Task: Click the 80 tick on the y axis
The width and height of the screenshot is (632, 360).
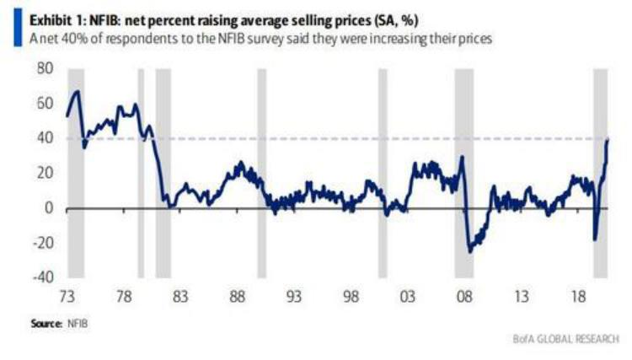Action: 45,69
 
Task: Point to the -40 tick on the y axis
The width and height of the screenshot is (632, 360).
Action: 41,277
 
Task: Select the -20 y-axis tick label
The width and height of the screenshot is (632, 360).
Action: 41,243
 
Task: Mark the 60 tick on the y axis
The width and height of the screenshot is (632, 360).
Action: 45,104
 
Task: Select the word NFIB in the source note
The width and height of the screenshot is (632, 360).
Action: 78,323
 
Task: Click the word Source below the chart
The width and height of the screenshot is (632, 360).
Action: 47,323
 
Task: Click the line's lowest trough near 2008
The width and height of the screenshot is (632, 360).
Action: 469,251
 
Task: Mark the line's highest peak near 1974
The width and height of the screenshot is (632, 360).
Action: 77,91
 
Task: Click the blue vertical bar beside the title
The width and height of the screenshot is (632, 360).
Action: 17,30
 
